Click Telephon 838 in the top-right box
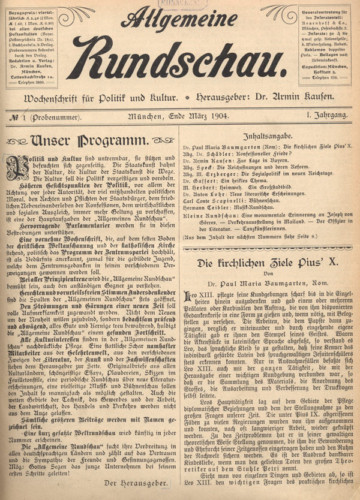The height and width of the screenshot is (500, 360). tap(328, 78)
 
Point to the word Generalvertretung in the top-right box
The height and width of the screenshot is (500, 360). tap(325, 10)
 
